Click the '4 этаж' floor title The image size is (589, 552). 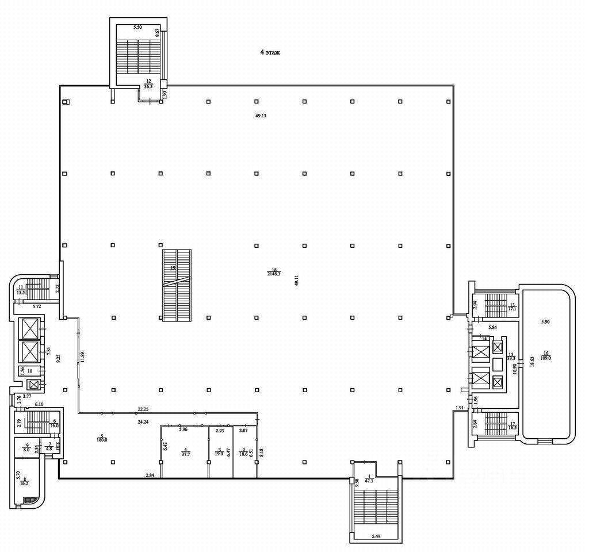[x=270, y=52]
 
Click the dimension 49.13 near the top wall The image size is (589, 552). [x=261, y=116]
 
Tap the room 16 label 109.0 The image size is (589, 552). [x=546, y=358]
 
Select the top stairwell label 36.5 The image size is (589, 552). [x=148, y=86]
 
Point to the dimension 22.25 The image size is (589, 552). [x=143, y=409]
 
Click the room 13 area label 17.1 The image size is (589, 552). [x=511, y=308]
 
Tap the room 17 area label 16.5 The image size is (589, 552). [x=511, y=428]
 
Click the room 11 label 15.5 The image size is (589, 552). [x=21, y=293]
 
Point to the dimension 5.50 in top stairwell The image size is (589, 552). [x=137, y=28]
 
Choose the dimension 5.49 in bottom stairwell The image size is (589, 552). [x=376, y=536]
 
